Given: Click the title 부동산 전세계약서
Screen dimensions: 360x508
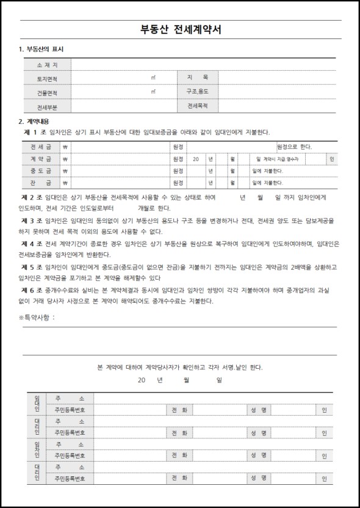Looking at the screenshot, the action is [x=180, y=31].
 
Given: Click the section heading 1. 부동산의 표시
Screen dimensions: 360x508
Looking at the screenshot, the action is [x=41, y=49].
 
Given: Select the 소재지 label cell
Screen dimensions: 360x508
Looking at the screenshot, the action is [x=47, y=65].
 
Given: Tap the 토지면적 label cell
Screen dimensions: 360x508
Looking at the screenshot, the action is [x=47, y=78].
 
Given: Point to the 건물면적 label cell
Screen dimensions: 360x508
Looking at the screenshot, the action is [x=47, y=92].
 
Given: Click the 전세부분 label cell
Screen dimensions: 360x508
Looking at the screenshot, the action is [x=47, y=106].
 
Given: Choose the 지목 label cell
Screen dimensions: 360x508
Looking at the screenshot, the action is [x=197, y=78].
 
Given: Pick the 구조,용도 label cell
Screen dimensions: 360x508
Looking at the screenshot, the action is [x=197, y=92].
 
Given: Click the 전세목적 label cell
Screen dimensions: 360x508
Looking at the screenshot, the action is [x=197, y=106].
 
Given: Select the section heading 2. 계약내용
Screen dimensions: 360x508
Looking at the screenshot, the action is [x=35, y=121].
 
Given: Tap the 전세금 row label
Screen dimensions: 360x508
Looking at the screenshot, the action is [x=41, y=147].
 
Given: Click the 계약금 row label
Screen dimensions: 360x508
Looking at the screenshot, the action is [x=41, y=159].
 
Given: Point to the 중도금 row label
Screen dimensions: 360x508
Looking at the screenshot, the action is [x=41, y=170].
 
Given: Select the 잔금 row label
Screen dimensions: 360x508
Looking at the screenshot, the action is [x=41, y=182].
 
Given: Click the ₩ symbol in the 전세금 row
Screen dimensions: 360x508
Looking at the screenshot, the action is [x=65, y=147].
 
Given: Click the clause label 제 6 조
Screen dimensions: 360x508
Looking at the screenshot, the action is [x=31, y=289].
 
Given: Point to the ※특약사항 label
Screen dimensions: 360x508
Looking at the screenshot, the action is [x=37, y=317].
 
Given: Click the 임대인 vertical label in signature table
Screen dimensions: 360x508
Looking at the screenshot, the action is [x=37, y=404].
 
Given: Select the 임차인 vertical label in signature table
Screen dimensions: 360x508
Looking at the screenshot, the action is [x=37, y=450].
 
